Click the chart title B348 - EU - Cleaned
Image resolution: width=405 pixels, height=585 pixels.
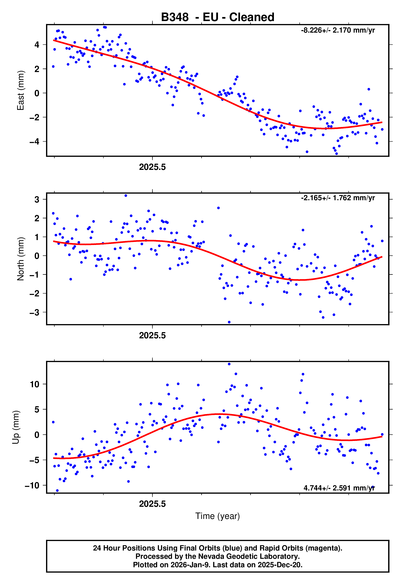click(218, 17)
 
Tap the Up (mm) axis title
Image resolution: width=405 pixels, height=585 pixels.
click(16, 427)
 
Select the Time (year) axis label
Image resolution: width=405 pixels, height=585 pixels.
click(218, 516)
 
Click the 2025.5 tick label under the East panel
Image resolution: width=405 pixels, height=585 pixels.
click(152, 167)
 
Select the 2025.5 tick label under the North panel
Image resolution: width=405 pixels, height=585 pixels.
click(152, 336)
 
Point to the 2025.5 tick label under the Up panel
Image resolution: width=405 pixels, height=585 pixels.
click(152, 504)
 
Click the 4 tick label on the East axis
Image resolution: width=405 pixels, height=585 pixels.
click(37, 45)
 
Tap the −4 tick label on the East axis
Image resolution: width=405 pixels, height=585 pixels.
click(34, 142)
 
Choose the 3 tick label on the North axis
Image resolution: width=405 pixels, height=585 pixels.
click(37, 199)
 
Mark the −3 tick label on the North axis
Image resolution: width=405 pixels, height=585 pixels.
click(34, 312)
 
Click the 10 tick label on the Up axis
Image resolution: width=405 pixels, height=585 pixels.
click(35, 384)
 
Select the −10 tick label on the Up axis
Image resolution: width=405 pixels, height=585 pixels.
click(32, 486)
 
